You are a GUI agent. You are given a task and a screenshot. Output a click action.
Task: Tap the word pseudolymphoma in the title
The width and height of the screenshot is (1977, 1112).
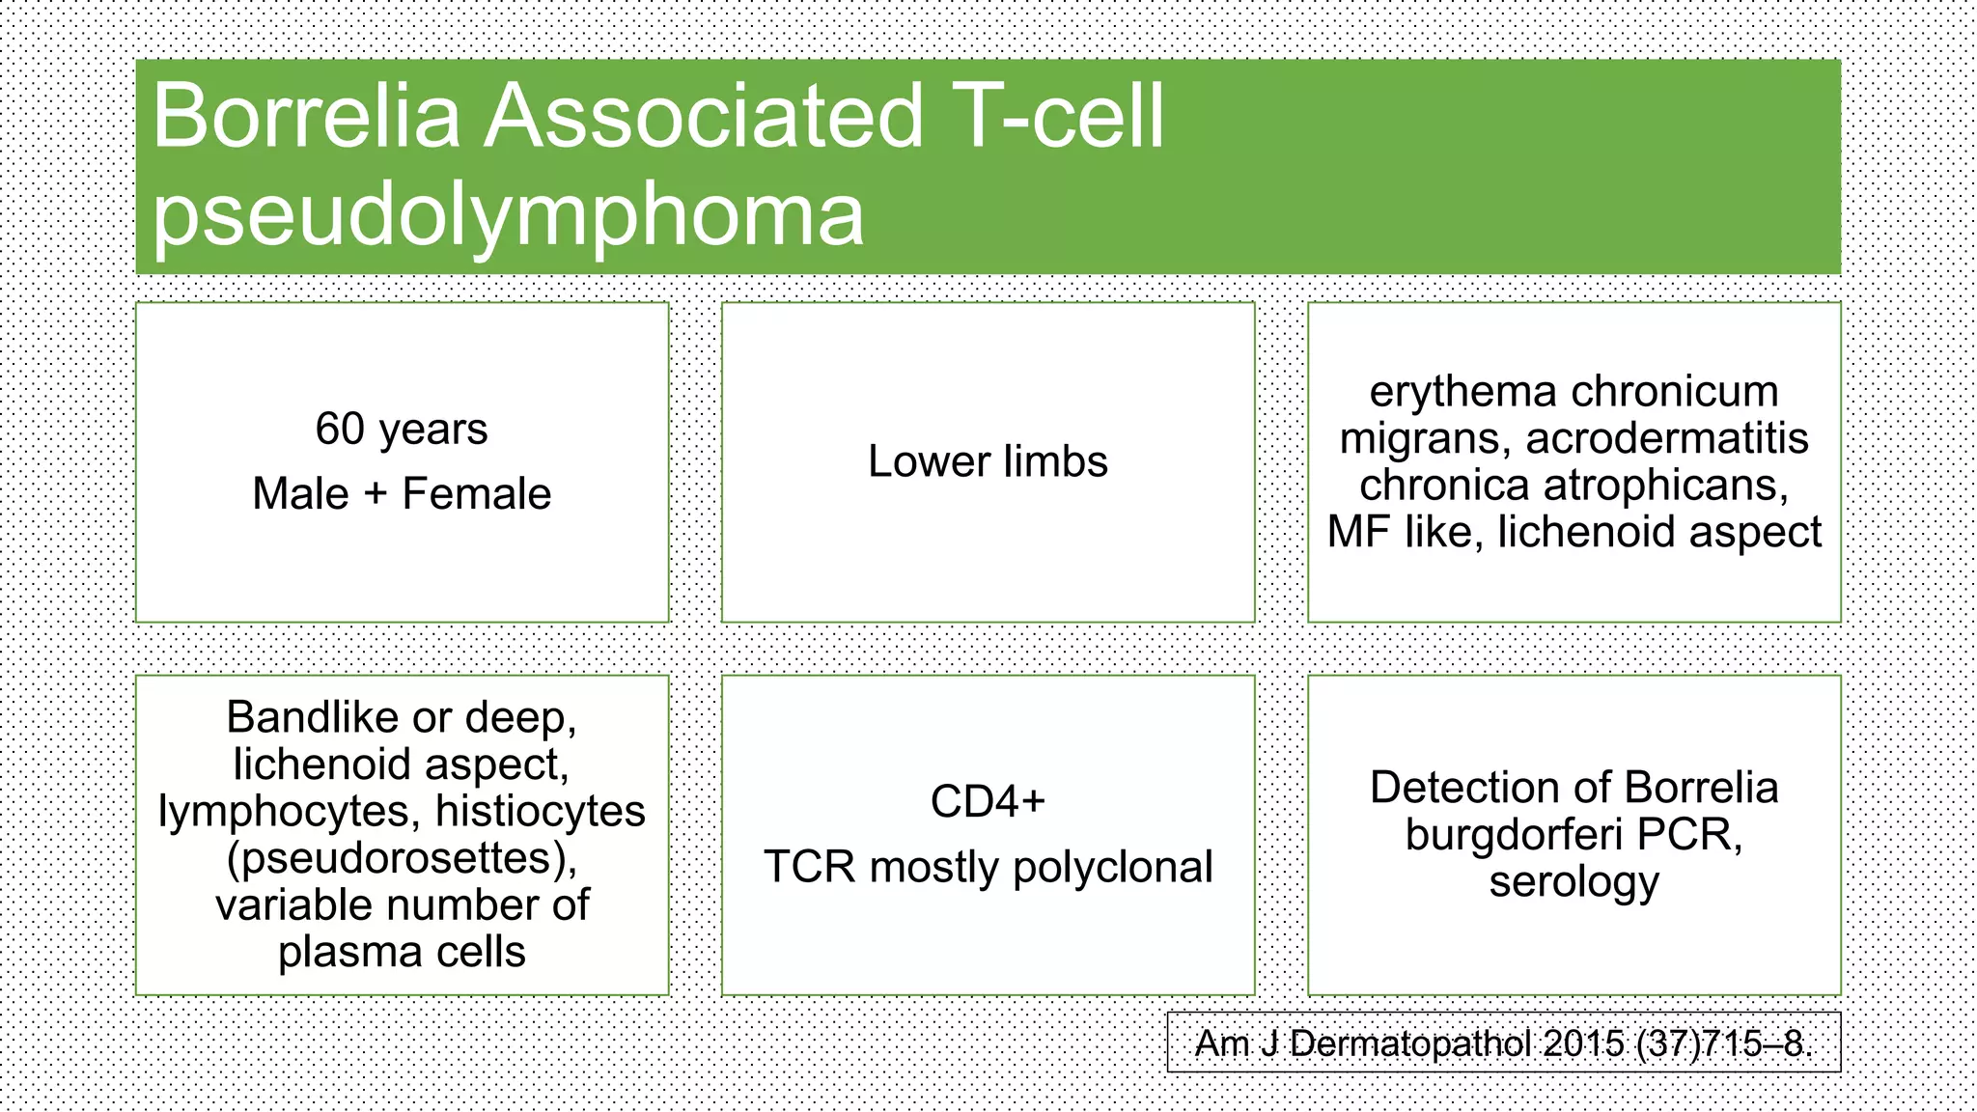pyautogui.click(x=508, y=214)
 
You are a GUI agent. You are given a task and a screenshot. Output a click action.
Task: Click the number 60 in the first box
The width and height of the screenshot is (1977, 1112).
pyautogui.click(x=340, y=430)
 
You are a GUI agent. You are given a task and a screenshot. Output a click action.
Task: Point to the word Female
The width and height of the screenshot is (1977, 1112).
pyautogui.click(x=476, y=494)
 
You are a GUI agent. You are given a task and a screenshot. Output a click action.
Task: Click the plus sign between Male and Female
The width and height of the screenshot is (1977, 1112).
pyautogui.click(x=375, y=494)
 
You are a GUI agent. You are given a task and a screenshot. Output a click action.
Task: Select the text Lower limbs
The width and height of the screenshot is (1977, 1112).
pyautogui.click(x=988, y=461)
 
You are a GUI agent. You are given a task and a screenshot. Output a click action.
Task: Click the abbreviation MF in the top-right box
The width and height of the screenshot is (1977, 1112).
pyautogui.click(x=1357, y=532)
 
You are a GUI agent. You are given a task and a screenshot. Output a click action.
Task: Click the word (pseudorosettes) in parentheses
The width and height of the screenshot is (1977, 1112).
pyautogui.click(x=402, y=858)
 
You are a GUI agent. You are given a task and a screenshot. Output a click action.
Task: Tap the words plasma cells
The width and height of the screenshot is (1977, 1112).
pyautogui.click(x=402, y=952)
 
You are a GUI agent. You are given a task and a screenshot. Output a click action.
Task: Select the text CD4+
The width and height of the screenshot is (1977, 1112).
pyautogui.click(x=988, y=801)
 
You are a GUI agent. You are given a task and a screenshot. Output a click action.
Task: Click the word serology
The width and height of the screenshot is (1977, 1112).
pyautogui.click(x=1573, y=881)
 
